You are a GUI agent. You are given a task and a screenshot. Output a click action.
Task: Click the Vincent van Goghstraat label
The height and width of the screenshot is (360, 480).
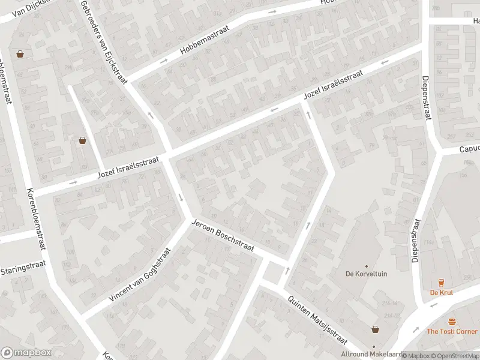click(x=140, y=275)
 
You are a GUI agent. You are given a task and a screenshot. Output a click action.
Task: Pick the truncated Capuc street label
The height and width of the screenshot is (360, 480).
click(x=469, y=149)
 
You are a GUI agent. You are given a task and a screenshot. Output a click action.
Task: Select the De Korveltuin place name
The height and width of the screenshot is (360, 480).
click(x=366, y=274)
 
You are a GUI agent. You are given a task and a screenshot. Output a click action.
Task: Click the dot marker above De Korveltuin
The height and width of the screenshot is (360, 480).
click(x=366, y=266)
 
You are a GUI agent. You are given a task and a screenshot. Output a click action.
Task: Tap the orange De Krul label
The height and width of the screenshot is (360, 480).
click(x=441, y=293)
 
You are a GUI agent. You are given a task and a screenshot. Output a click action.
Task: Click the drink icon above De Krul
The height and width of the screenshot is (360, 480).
click(x=441, y=283)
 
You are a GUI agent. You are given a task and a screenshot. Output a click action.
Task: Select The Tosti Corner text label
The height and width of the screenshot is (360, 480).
click(x=452, y=331)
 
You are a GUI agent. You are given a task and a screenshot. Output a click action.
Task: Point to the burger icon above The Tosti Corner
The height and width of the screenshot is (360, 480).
click(x=452, y=322)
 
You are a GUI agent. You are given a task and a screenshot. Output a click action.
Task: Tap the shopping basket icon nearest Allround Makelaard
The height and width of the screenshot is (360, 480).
click(x=376, y=329)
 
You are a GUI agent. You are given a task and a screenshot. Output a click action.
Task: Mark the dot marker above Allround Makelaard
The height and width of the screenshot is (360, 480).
click(x=374, y=346)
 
